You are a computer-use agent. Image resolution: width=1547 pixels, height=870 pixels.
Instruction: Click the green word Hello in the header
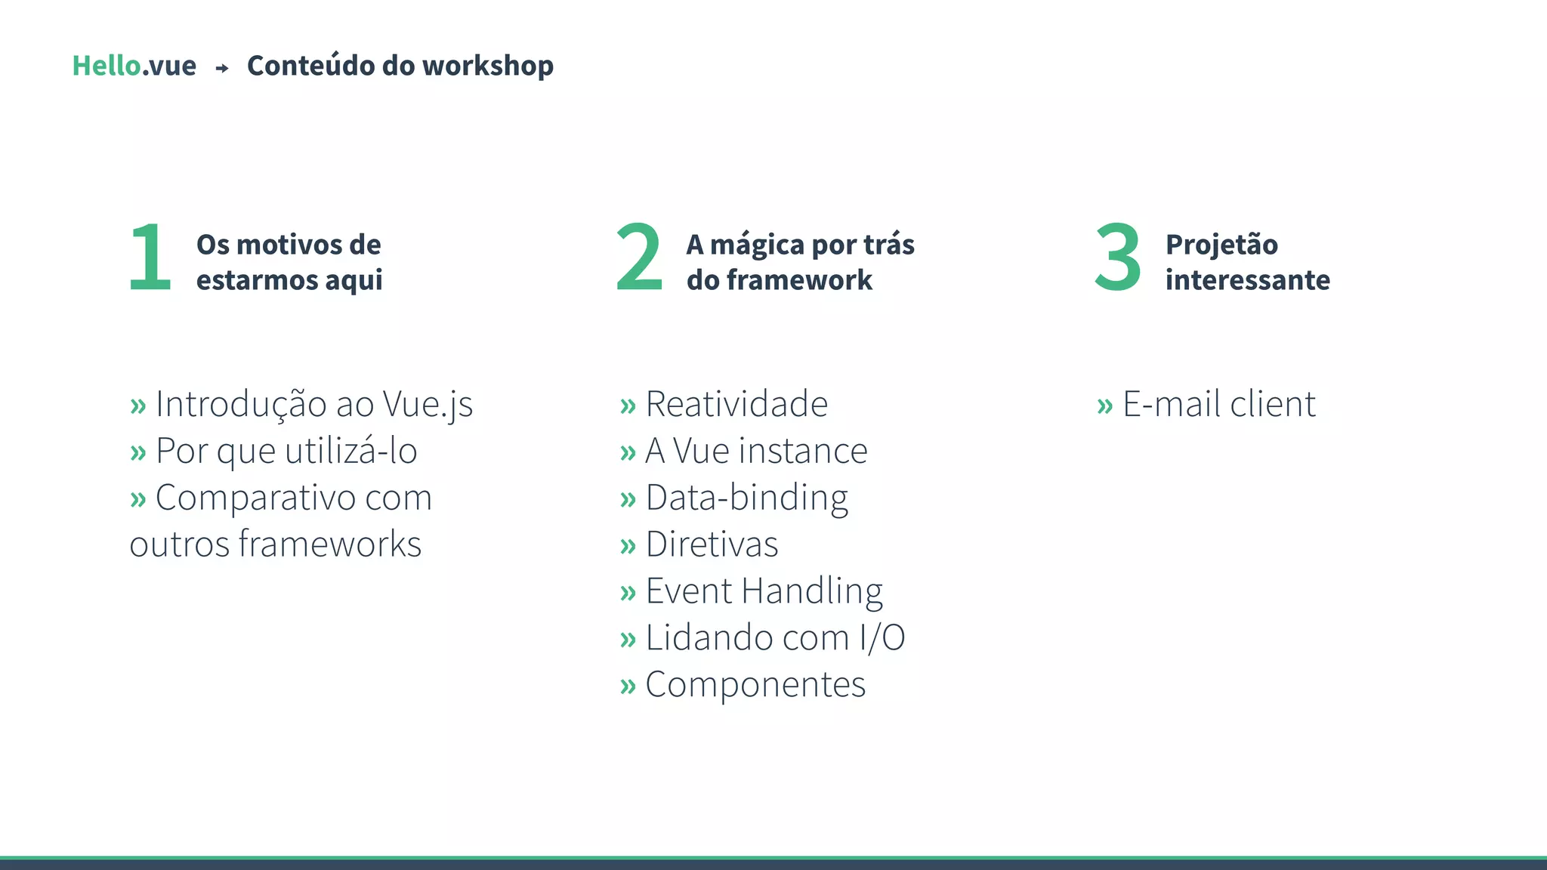[x=107, y=66]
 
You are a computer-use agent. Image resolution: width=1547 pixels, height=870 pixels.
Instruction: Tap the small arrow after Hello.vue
[x=222, y=68]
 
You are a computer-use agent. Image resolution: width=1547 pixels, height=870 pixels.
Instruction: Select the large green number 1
[x=150, y=258]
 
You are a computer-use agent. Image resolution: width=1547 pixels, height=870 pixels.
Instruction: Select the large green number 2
[x=639, y=258]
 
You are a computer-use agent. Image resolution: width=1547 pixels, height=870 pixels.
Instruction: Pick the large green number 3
[x=1117, y=258]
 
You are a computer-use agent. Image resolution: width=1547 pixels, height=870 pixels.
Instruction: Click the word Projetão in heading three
[x=1221, y=245]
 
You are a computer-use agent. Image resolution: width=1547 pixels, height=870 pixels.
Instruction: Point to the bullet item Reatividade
[x=736, y=404]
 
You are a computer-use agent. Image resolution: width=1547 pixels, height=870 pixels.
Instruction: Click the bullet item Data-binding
[x=746, y=498]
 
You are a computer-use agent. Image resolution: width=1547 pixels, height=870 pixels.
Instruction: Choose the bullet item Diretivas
[x=712, y=545]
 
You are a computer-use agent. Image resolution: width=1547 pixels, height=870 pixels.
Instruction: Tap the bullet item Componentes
[x=755, y=685]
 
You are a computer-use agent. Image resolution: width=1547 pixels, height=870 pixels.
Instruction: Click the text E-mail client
[x=1219, y=404]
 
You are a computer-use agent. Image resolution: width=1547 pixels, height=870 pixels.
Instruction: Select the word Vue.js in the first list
[x=428, y=404]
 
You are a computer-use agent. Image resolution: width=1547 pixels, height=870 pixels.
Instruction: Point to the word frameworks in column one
[x=329, y=545]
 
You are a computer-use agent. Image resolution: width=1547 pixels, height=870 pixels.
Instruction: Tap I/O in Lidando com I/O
[x=882, y=638]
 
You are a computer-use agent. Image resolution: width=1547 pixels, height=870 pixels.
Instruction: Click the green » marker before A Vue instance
[x=628, y=453]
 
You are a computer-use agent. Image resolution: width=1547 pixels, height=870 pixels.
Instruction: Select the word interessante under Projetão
[x=1247, y=280]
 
